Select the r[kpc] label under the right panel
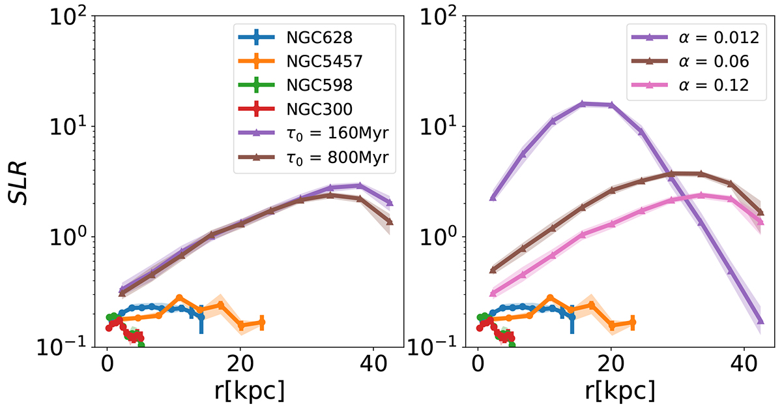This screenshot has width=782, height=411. pos(610,393)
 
